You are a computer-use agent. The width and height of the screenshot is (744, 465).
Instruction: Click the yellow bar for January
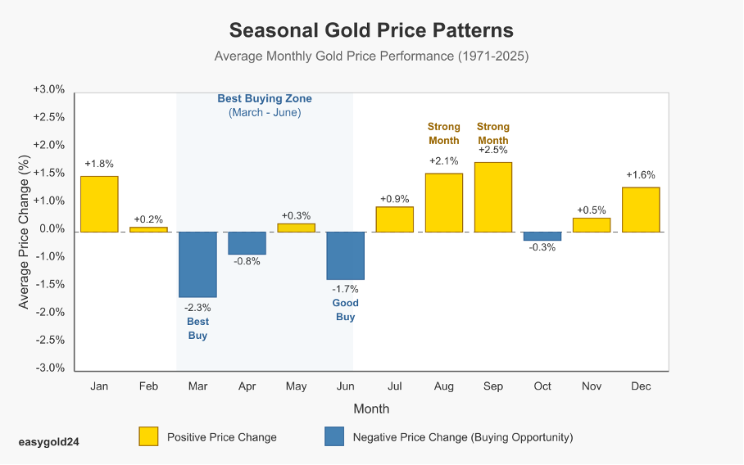(x=99, y=204)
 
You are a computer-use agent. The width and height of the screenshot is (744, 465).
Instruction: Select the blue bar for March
(x=197, y=264)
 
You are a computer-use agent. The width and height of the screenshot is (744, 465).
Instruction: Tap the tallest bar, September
(x=493, y=197)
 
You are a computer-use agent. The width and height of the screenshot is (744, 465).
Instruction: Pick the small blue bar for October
(x=542, y=237)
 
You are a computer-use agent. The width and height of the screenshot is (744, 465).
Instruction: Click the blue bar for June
(x=345, y=255)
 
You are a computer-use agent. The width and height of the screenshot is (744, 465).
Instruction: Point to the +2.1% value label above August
(x=443, y=161)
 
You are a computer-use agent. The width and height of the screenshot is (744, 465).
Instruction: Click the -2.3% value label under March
(x=197, y=308)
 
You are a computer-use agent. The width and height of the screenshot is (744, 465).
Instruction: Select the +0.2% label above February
(x=148, y=219)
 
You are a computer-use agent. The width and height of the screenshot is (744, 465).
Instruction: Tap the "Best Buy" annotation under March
(x=197, y=329)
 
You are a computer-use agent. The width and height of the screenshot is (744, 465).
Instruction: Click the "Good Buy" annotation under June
(x=345, y=310)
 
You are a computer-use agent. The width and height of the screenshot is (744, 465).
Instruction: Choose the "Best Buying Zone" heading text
(x=265, y=99)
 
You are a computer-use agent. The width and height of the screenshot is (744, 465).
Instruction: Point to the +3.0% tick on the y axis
(x=48, y=89)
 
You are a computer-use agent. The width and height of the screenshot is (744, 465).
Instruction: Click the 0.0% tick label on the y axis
(x=51, y=229)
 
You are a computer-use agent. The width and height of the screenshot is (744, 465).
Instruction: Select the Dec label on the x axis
(x=641, y=386)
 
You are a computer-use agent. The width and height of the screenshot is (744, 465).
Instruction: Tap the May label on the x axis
(x=296, y=386)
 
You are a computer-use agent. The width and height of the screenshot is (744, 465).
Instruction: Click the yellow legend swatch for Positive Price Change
(x=148, y=437)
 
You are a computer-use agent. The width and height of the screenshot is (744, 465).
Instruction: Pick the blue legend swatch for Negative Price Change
(x=334, y=437)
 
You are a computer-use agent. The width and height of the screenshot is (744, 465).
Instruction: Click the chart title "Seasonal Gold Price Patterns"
(x=371, y=30)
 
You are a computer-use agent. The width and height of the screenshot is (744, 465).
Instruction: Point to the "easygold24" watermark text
(x=49, y=441)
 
